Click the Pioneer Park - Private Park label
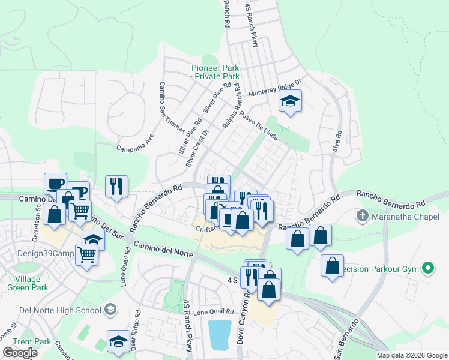215,71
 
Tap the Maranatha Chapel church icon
362,215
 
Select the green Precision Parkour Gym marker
428,268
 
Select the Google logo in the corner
20,353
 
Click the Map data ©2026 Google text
412,355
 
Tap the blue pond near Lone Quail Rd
219,334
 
